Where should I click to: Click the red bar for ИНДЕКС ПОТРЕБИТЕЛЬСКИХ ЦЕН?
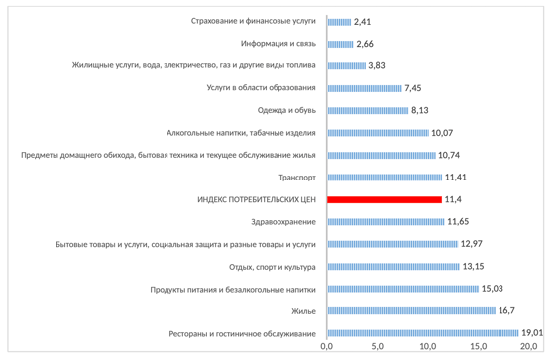pos(384,199)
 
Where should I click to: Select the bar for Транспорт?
pos(384,178)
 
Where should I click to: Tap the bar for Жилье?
pos(410,310)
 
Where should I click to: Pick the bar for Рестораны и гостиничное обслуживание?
pos(422,332)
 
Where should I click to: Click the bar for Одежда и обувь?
pos(367,110)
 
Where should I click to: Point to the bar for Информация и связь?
pos(339,44)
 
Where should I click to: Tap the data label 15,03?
pos(493,289)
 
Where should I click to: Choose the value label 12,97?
pos(472,244)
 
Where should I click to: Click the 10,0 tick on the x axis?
pos(427,347)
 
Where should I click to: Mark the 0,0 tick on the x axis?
pos(326,347)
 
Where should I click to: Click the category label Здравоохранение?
pos(284,221)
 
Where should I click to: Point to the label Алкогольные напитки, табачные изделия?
pos(243,133)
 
